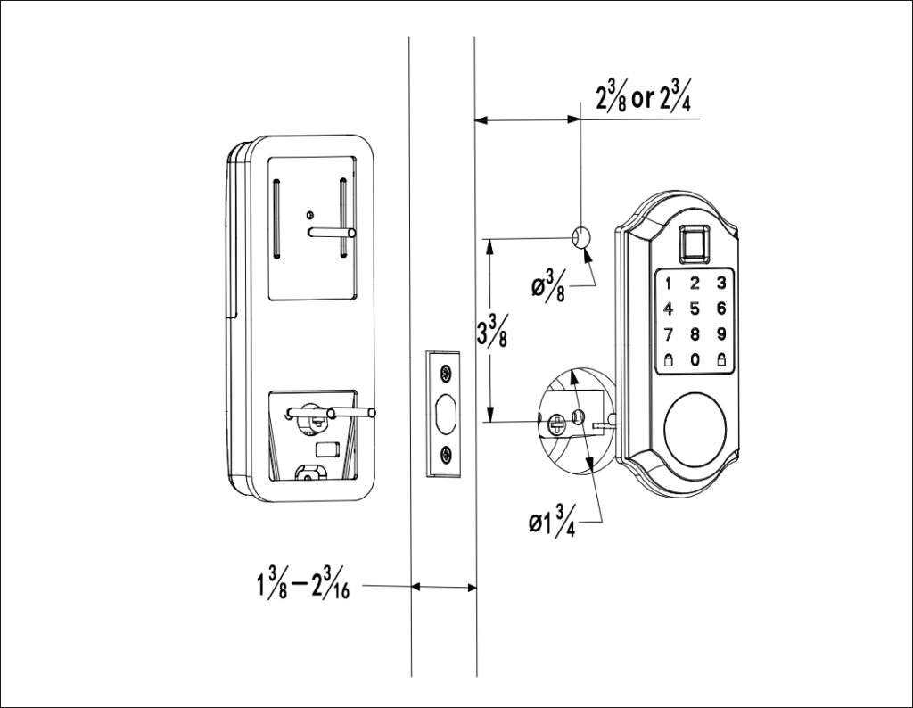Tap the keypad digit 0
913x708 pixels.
[x=695, y=361]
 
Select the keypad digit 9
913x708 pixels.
[x=721, y=336]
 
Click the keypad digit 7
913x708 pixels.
[x=667, y=336]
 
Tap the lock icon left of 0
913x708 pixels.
[x=667, y=361]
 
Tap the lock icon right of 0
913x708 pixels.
[x=721, y=361]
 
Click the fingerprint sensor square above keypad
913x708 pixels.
[x=695, y=243]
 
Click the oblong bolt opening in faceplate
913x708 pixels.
[x=445, y=414]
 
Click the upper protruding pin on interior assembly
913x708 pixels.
[x=332, y=232]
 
